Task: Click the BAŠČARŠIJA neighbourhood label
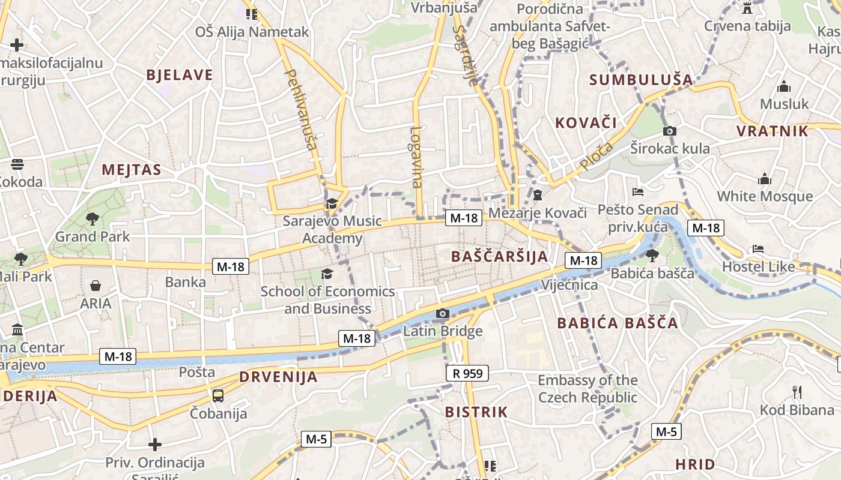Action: pos(499,257)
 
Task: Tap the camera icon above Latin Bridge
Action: pos(442,313)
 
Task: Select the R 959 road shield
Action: pos(468,374)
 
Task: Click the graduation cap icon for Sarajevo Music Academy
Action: pos(331,204)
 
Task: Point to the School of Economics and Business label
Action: pos(327,300)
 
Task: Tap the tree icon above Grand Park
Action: pos(92,219)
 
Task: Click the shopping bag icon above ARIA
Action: pos(96,286)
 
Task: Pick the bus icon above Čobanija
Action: pos(218,395)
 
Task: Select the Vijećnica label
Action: pos(569,284)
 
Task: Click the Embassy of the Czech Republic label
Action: pos(587,389)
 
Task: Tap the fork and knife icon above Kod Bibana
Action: pos(797,393)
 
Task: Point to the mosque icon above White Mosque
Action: pos(765,179)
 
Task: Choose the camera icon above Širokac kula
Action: pos(670,131)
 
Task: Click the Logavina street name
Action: pos(416,157)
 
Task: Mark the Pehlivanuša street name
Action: pos(301,109)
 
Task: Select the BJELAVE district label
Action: pos(180,75)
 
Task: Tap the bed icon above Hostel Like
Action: pos(758,249)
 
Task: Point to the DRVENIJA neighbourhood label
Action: pos(278,377)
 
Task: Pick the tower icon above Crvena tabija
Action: pos(747,8)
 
